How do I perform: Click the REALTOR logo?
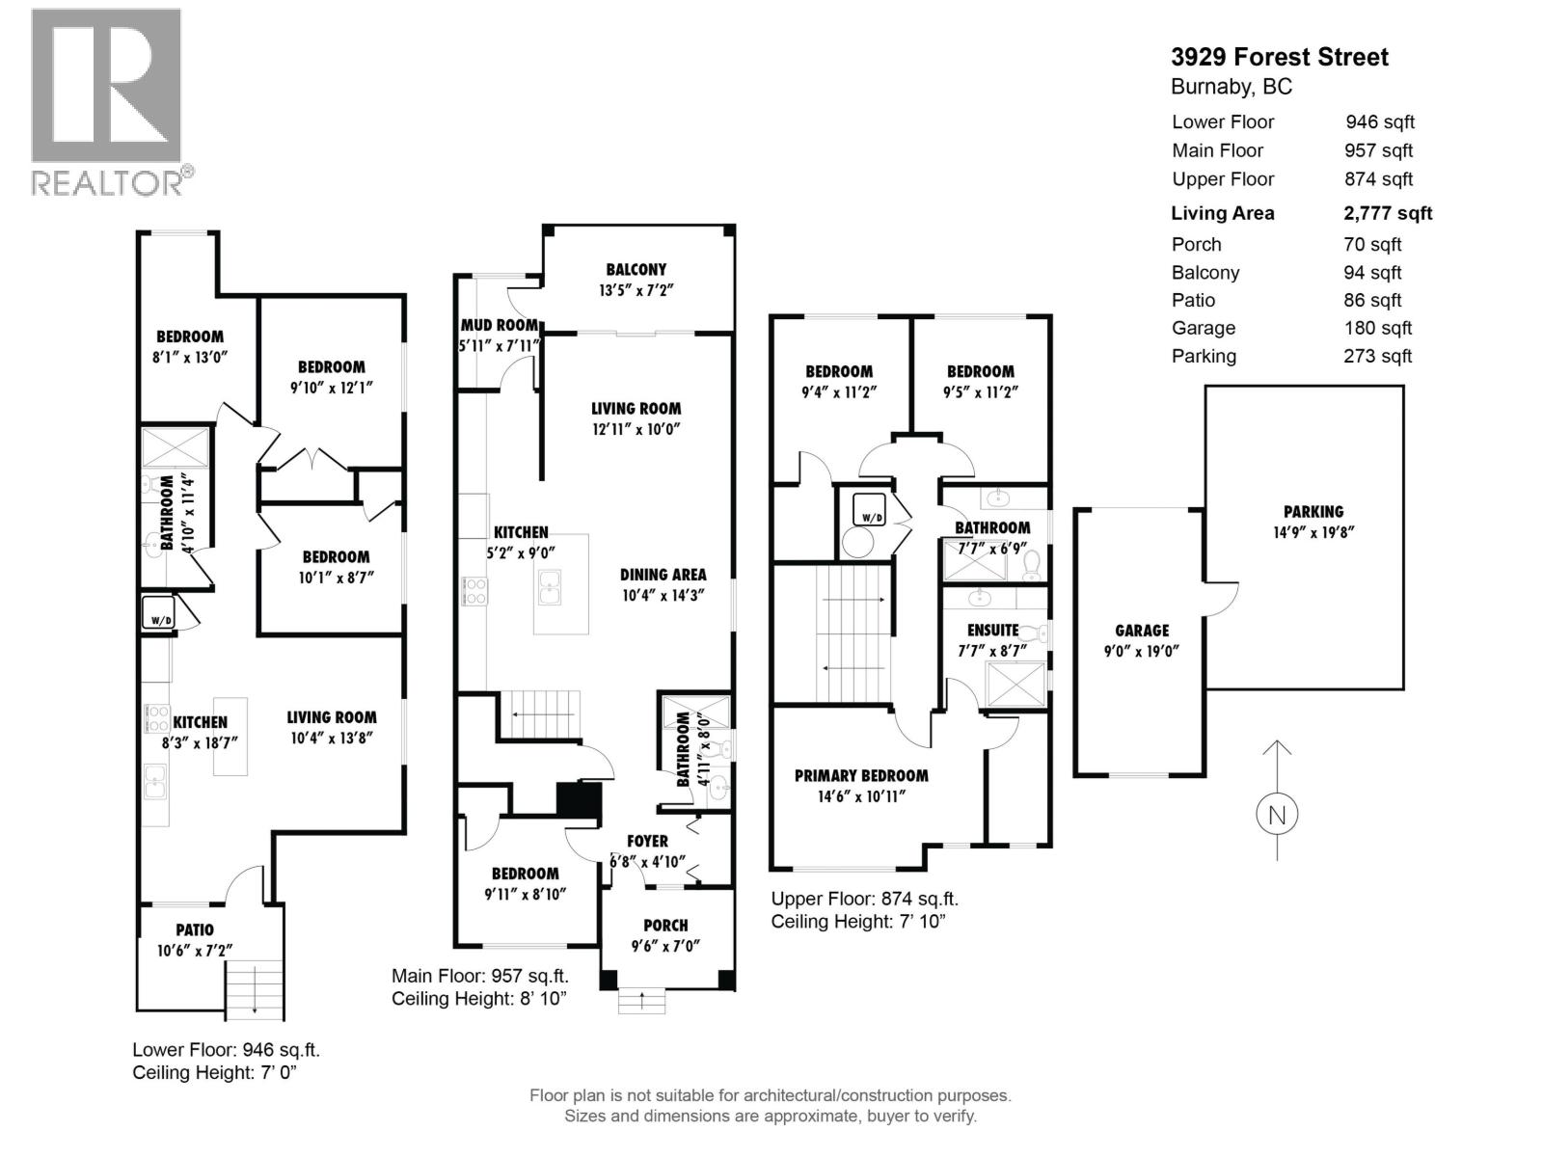(x=106, y=101)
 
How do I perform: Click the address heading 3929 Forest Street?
(x=1280, y=57)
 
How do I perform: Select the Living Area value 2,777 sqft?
(x=1388, y=213)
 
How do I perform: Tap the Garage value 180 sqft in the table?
(x=1377, y=328)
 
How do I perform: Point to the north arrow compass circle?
(x=1277, y=814)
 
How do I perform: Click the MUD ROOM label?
(x=499, y=325)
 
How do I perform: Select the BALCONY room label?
(x=636, y=270)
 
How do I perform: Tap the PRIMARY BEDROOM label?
(x=861, y=775)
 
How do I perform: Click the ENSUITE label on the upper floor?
(x=992, y=630)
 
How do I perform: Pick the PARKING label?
(x=1313, y=512)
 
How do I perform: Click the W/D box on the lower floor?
(x=158, y=614)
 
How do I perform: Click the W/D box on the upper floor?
(x=872, y=518)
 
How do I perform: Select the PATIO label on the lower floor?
(x=195, y=929)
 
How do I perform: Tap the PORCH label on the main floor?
(x=665, y=925)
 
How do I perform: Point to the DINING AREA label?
(x=663, y=575)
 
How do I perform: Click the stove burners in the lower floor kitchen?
(x=156, y=718)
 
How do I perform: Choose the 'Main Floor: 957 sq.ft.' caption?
(x=479, y=976)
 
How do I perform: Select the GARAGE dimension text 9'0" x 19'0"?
(x=1142, y=651)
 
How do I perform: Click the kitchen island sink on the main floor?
(x=549, y=587)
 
